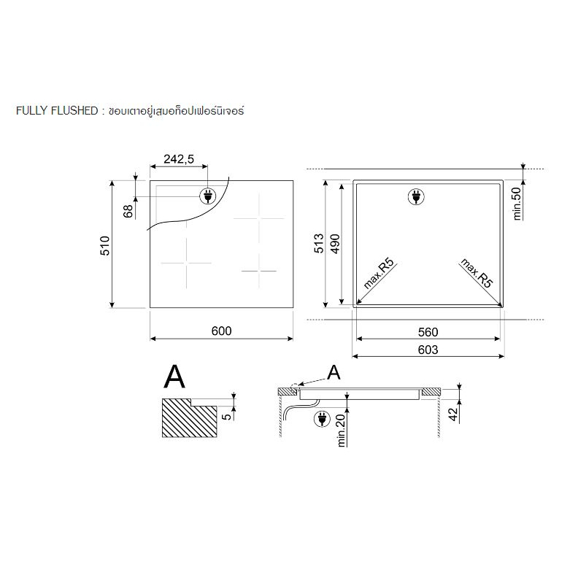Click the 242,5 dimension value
179,159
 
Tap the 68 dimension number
128,212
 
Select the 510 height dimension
105,245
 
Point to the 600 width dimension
222,331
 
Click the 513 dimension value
318,243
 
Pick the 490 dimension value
335,244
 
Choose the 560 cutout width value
428,332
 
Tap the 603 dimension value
428,350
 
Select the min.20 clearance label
342,431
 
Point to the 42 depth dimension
453,414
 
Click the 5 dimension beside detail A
228,416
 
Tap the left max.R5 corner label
379,274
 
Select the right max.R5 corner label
477,273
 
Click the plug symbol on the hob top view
207,196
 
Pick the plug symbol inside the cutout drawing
416,196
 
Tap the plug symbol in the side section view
322,419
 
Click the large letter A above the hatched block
174,377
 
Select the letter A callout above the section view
334,372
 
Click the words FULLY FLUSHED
57,111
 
